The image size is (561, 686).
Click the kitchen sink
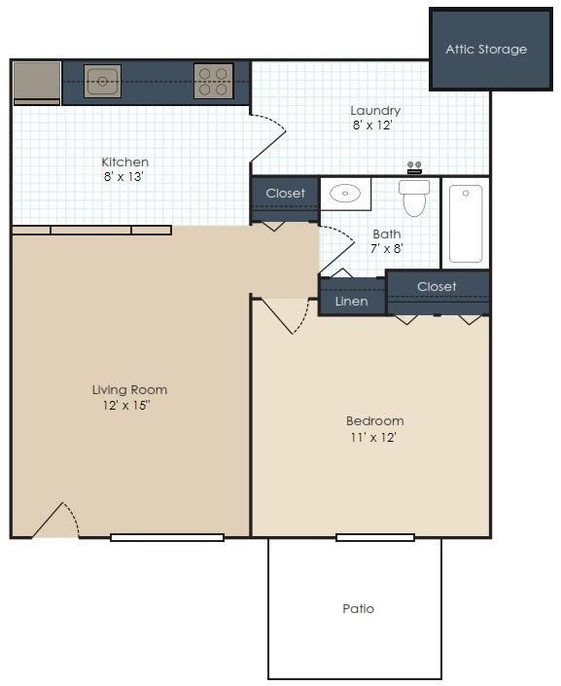click(x=102, y=82)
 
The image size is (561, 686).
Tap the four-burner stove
click(x=213, y=82)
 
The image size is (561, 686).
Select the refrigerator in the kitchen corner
click(x=37, y=83)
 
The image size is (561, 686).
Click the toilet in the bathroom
click(x=414, y=198)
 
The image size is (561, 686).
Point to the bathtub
click(x=466, y=223)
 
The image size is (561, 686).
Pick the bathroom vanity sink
click(x=345, y=194)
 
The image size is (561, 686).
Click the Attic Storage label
click(x=486, y=50)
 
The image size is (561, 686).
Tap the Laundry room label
click(x=375, y=111)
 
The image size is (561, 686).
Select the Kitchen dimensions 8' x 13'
click(x=123, y=177)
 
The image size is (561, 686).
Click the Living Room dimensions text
click(x=126, y=405)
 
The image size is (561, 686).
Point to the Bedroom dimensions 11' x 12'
click(x=373, y=437)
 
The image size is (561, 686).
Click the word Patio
click(x=358, y=608)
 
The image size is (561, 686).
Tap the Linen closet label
click(x=352, y=302)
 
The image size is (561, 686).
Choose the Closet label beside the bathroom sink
click(x=285, y=193)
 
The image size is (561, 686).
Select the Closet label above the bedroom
click(x=437, y=286)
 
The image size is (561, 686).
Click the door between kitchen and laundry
click(x=267, y=139)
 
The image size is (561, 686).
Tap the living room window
click(x=167, y=537)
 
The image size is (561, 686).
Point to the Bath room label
click(x=387, y=235)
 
